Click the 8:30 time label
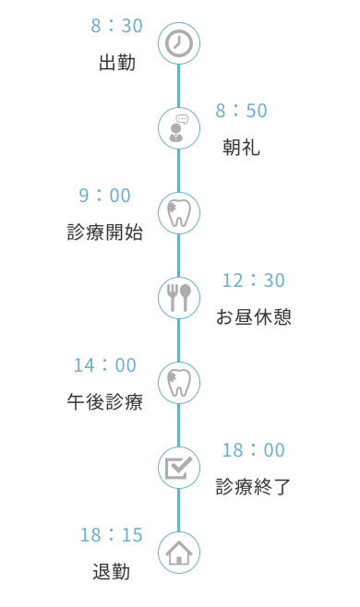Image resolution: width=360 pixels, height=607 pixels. [117, 26]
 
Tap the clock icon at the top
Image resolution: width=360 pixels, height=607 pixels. [179, 43]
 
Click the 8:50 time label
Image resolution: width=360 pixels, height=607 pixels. [242, 111]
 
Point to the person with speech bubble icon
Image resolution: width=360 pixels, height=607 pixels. [179, 128]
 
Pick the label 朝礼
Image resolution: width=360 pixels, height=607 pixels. [241, 149]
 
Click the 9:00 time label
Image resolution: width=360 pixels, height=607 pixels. [105, 196]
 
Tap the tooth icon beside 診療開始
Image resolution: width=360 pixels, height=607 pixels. [179, 213]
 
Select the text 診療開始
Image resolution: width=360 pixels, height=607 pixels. [105, 232]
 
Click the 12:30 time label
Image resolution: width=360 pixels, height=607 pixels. [254, 280]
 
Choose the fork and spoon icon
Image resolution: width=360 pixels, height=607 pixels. [179, 297]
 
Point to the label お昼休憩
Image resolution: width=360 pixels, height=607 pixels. [254, 317]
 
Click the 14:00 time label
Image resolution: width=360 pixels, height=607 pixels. [105, 365]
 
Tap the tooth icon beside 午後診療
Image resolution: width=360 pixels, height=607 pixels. [179, 382]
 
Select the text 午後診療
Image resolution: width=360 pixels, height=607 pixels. [105, 402]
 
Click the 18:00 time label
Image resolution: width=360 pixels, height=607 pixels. [254, 450]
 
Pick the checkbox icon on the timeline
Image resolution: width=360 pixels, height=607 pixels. [179, 467]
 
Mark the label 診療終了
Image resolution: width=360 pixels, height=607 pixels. [254, 487]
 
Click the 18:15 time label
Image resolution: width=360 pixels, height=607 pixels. [112, 535]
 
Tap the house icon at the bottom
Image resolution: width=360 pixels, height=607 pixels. [179, 553]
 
